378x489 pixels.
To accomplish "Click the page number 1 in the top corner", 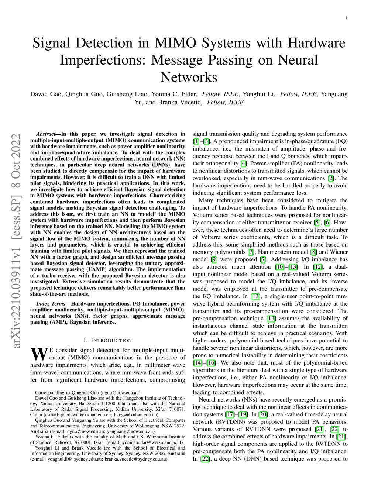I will pyautogui.click(x=347, y=18).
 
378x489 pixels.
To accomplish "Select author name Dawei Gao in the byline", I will pyautogui.click(x=46, y=94).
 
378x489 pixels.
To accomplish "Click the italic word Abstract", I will pyautogui.click(x=46, y=134).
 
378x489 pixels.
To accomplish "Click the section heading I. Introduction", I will pyautogui.click(x=107, y=340).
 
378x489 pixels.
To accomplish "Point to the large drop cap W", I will pyautogui.click(x=39, y=354).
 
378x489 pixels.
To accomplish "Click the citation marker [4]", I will pyautogui.click(x=243, y=163).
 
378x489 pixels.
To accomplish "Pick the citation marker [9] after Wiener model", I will pyautogui.click(x=214, y=259).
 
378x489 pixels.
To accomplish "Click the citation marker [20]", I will pyautogui.click(x=263, y=414).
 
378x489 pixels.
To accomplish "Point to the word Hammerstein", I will pyautogui.click(x=283, y=252).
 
